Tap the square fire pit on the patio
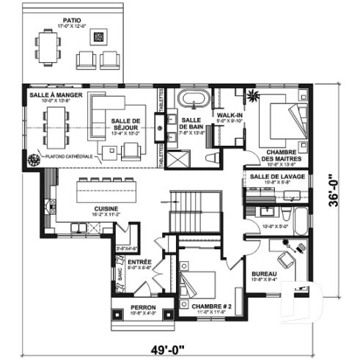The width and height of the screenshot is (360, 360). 100,35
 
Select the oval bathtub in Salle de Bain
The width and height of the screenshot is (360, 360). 192,100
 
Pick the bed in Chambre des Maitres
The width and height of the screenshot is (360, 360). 283,120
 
